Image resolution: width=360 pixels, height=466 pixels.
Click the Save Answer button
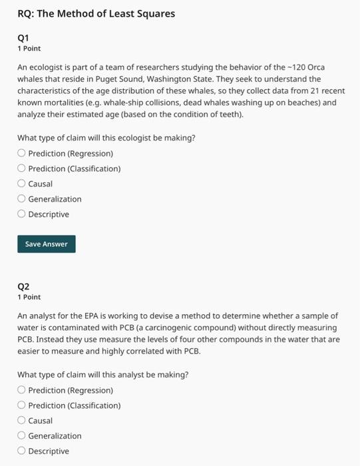(x=47, y=244)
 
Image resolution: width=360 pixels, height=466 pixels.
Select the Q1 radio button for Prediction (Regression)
(x=21, y=153)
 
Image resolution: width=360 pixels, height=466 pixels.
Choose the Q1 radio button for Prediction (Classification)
(x=21, y=168)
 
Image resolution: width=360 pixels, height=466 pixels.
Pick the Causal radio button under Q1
(x=21, y=184)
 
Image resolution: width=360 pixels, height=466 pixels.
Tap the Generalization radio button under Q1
(x=21, y=199)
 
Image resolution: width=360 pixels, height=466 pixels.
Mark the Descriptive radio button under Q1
(x=21, y=214)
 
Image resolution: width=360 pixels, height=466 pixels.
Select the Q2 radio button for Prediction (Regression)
(x=21, y=390)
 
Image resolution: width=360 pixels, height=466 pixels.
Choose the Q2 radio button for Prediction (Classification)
(x=21, y=405)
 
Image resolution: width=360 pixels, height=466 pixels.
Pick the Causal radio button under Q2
(x=21, y=421)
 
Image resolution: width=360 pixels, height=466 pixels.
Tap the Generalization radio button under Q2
(x=21, y=436)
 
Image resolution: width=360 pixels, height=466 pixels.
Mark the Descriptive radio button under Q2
(x=21, y=451)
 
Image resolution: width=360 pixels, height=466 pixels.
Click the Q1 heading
(x=23, y=38)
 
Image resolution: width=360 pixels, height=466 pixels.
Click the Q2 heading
(x=23, y=286)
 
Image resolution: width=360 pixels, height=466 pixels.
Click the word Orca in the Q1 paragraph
(x=316, y=67)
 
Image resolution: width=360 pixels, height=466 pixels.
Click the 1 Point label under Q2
(x=29, y=297)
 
